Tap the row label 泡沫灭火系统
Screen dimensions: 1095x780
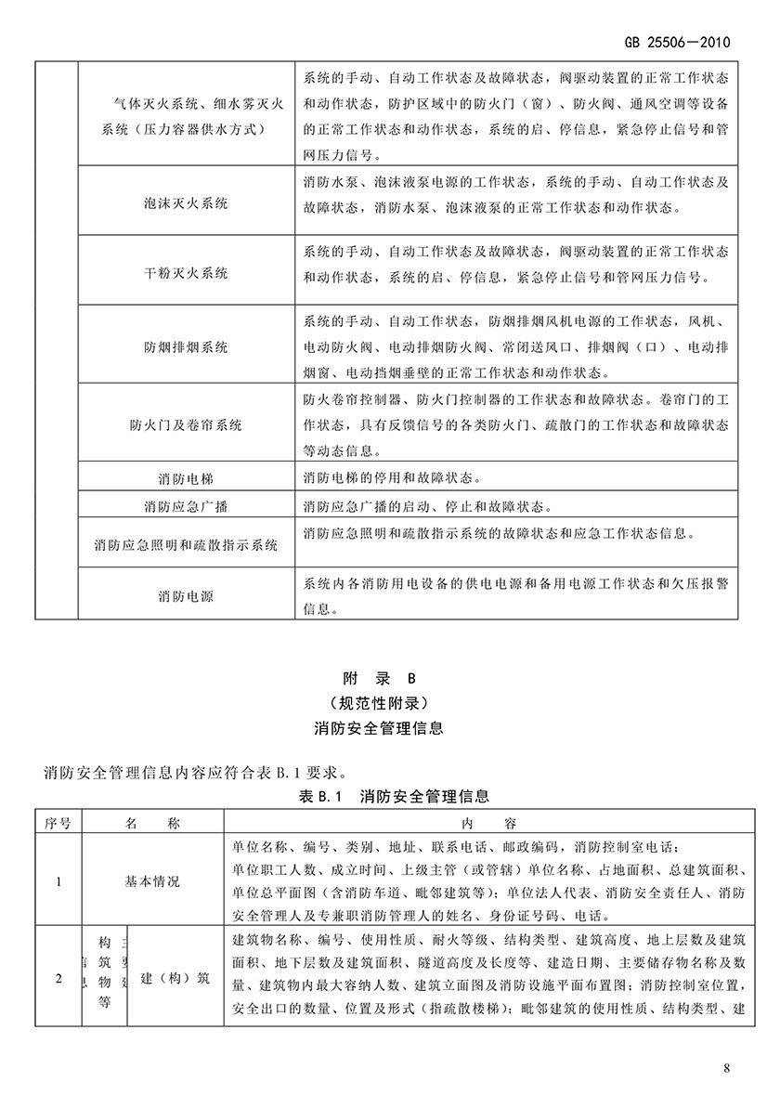coord(186,202)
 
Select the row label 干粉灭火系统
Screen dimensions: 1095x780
coord(186,274)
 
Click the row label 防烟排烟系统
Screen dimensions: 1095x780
coord(186,347)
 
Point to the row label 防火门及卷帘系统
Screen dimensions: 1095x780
coord(186,425)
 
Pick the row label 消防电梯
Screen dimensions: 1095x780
coord(186,479)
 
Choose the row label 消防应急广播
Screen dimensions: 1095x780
coord(186,507)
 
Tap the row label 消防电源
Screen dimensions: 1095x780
coord(186,595)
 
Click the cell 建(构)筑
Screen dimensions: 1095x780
coord(174,978)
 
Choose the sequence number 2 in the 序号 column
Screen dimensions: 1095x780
coord(58,978)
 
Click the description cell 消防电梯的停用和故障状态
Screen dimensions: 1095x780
coord(393,479)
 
